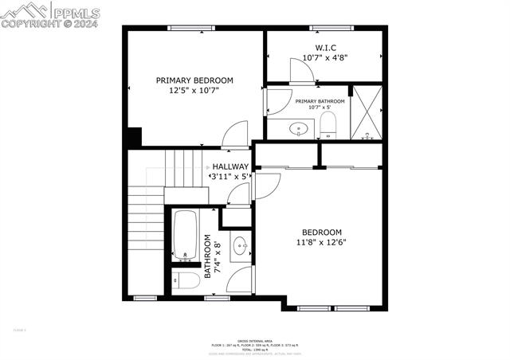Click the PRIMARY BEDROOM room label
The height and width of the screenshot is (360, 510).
click(194, 80)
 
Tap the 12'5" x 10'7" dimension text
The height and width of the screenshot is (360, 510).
click(194, 91)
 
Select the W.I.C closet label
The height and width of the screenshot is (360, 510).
click(324, 47)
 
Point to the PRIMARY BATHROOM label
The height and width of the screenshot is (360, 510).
click(320, 101)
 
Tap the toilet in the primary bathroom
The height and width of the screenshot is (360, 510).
click(328, 125)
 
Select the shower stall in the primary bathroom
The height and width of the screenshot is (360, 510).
click(367, 112)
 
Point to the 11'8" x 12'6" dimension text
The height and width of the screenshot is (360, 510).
click(322, 242)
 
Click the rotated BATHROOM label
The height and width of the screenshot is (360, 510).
click(208, 256)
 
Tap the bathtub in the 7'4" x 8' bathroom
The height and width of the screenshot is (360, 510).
click(186, 235)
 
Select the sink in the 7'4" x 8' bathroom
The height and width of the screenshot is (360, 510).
click(241, 248)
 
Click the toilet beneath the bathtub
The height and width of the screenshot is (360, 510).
click(187, 280)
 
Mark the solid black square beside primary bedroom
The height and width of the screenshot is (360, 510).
click(133, 137)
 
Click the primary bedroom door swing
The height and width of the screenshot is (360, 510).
click(236, 135)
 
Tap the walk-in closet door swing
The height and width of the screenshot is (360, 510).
click(301, 72)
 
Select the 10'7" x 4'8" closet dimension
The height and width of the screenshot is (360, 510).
click(324, 57)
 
